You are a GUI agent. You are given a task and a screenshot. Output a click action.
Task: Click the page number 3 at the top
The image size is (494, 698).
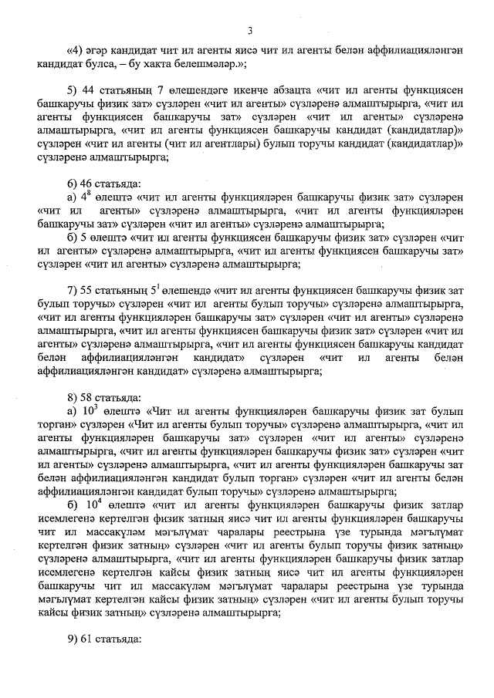[x=249, y=30]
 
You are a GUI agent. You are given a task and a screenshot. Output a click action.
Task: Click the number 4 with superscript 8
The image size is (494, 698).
[x=87, y=197]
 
